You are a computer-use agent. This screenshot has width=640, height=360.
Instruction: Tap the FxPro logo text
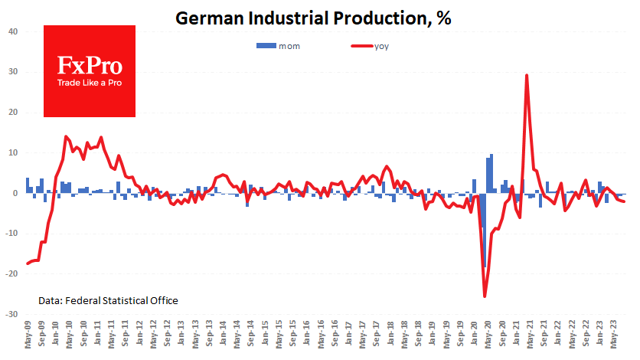(x=90, y=65)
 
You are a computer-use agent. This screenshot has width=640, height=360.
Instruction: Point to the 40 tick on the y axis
(x=13, y=32)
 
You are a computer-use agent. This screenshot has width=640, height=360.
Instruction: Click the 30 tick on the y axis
(x=13, y=72)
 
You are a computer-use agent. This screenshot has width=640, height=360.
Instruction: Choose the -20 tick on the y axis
(x=11, y=274)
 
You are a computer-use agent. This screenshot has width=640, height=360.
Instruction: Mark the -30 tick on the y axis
(x=11, y=314)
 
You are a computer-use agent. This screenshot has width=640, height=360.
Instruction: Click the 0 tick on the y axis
(x=15, y=193)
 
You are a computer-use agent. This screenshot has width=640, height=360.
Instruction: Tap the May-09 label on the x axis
(x=28, y=337)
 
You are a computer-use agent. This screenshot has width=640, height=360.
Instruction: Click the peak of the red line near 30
(x=527, y=75)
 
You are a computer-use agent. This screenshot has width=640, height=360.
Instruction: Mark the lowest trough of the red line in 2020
(x=485, y=296)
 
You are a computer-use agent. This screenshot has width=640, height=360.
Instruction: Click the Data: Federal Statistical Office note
(x=108, y=301)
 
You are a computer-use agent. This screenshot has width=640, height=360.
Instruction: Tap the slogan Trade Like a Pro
(x=90, y=83)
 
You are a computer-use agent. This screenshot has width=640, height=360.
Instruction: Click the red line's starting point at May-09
(x=28, y=263)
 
